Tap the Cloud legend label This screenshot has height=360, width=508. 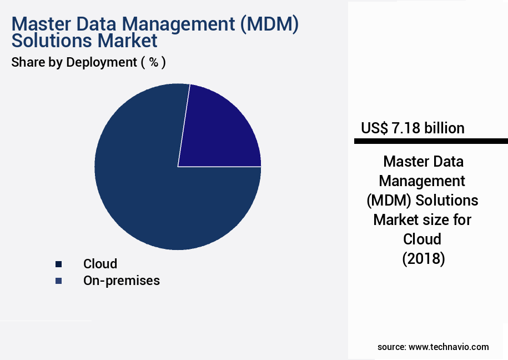(100, 264)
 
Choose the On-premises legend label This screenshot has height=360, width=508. (121, 281)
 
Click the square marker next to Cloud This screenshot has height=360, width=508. (58, 264)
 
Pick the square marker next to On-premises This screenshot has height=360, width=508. (58, 281)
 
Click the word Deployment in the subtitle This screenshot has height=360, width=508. (101, 62)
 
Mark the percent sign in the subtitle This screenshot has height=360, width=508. (153, 62)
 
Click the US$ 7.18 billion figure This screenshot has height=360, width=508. (413, 128)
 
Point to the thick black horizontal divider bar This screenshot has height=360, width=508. (431, 142)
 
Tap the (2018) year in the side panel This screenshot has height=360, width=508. (423, 259)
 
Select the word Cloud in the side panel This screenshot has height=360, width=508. (423, 239)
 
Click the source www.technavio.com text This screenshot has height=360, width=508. (433, 347)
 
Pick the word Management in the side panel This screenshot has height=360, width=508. (423, 181)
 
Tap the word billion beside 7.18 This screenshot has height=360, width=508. (444, 128)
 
